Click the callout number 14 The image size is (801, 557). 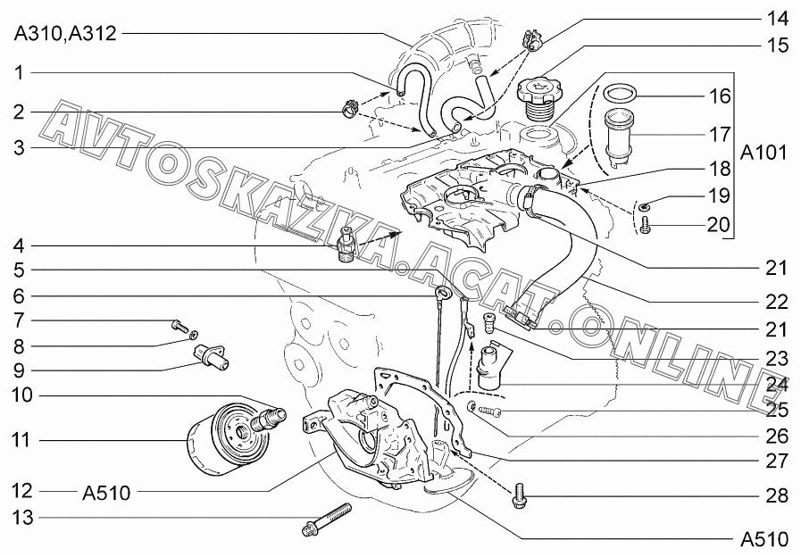777,19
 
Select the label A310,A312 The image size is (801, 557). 65,34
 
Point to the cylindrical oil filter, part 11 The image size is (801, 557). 225,439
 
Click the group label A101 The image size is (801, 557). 763,152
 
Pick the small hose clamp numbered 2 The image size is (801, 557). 350,108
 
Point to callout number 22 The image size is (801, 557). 777,302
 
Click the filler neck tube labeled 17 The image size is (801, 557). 617,136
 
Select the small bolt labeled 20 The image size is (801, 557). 645,225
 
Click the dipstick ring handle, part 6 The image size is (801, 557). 442,294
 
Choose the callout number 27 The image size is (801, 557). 777,461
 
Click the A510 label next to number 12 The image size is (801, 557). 107,494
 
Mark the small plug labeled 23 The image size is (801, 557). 489,324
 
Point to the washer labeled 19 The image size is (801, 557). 644,207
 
